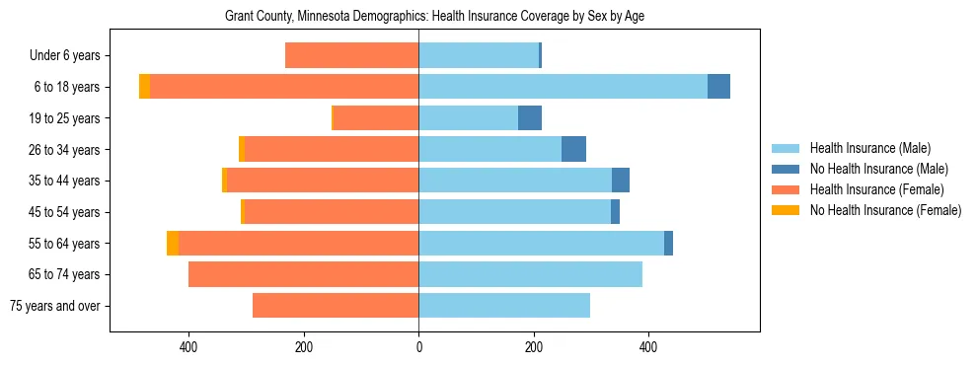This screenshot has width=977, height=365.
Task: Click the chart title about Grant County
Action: [435, 17]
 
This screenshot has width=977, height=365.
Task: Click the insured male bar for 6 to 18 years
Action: [563, 87]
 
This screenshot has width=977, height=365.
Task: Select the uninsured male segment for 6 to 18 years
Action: [718, 87]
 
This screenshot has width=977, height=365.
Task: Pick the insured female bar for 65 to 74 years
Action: [303, 274]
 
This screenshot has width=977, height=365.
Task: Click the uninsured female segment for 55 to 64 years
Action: [173, 244]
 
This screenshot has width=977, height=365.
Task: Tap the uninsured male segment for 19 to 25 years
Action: [530, 118]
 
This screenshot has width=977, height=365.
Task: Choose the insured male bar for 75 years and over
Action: [504, 306]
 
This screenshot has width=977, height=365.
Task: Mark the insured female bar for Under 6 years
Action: [351, 55]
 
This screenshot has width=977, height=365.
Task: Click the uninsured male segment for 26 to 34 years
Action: [573, 150]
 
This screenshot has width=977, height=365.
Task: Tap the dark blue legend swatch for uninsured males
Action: [787, 169]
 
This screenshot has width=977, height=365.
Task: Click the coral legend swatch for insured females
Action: [787, 189]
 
